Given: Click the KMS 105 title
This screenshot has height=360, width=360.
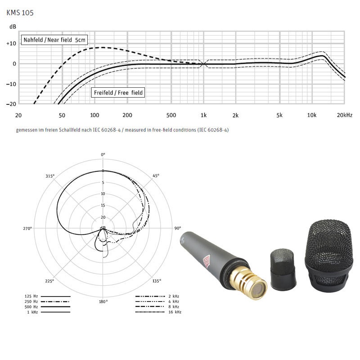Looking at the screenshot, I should (x=20, y=13).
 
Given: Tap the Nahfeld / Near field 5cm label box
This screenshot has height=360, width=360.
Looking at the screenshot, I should (x=54, y=40).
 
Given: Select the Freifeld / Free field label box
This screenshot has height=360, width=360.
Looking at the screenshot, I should (x=118, y=93).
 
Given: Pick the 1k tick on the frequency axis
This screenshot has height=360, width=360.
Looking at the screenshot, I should (x=204, y=115).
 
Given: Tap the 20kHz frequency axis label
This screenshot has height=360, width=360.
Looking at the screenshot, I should (x=344, y=115).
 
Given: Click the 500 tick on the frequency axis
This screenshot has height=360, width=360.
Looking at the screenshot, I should (x=171, y=115).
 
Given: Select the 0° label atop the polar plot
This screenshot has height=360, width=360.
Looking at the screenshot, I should (x=103, y=154).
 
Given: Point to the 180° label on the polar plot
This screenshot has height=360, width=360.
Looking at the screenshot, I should (x=103, y=301).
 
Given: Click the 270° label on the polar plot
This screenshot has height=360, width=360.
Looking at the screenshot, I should (x=28, y=229).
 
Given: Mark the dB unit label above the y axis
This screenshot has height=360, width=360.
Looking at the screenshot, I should (x=13, y=27).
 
